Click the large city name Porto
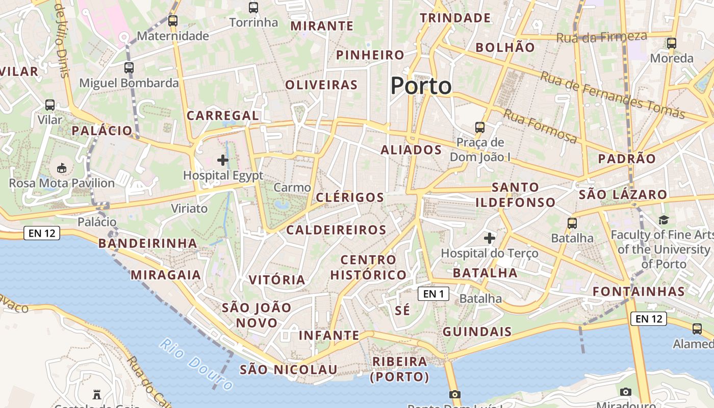click(421, 86)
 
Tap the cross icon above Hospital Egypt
click(223, 160)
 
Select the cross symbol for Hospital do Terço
click(490, 238)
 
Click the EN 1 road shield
click(433, 294)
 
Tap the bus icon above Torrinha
click(253, 8)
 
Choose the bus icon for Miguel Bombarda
click(129, 67)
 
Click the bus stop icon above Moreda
click(671, 43)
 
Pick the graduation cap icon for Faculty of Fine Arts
click(664, 220)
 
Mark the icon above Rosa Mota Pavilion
click(62, 167)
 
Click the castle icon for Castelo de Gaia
click(97, 394)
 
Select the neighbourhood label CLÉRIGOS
click(350, 197)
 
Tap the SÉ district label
click(402, 310)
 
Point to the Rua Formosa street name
click(540, 126)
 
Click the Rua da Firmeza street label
click(601, 37)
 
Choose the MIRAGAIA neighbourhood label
click(166, 275)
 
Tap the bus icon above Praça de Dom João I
click(480, 127)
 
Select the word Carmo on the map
click(292, 188)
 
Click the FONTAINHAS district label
click(639, 291)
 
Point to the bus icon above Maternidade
click(173, 21)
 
